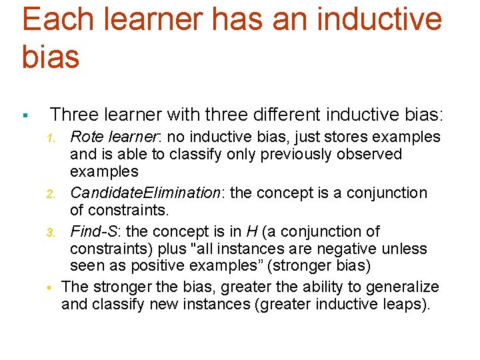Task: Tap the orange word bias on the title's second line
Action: tap(51, 57)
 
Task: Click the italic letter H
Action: tap(251, 232)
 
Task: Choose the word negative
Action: tap(345, 249)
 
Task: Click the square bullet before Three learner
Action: tap(24, 116)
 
